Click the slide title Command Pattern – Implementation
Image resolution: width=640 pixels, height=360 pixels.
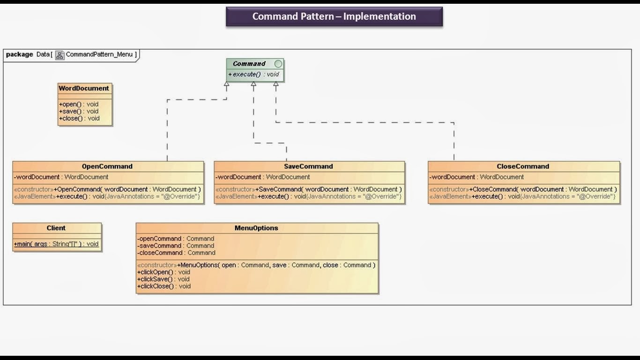click(334, 16)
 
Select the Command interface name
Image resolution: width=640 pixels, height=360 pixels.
click(249, 64)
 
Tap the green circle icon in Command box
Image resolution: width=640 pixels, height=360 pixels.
click(278, 64)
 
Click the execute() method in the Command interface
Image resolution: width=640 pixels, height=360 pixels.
click(253, 75)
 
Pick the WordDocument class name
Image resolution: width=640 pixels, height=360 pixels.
click(84, 88)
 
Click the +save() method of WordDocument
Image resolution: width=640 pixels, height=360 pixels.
click(79, 111)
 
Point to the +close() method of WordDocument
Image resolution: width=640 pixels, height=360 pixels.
click(79, 118)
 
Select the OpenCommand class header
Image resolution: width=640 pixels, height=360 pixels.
click(107, 166)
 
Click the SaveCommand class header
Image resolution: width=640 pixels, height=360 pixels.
click(308, 166)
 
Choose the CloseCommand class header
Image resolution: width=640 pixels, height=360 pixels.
click(523, 166)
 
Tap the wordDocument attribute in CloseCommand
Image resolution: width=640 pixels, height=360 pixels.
click(476, 177)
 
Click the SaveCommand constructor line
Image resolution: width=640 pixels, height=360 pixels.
click(308, 189)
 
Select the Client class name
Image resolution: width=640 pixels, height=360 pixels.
click(56, 228)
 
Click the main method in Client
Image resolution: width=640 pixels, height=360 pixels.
click(56, 244)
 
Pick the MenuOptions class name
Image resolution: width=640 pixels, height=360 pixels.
click(256, 228)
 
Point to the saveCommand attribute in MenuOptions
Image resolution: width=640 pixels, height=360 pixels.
click(176, 246)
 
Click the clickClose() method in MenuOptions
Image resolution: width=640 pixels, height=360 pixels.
click(164, 286)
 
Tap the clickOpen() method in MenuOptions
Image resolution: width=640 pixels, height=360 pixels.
click(164, 272)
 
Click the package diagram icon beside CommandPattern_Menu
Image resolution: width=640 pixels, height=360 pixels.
click(60, 55)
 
